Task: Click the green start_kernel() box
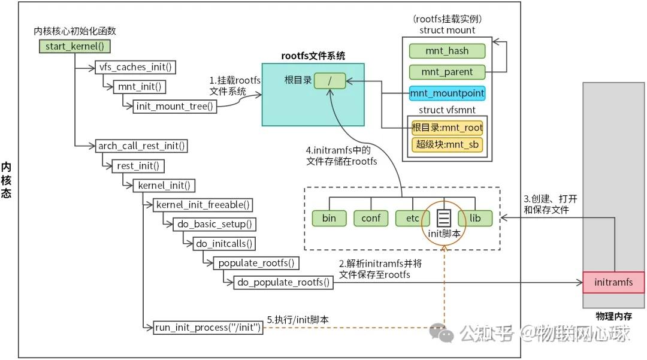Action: tap(75, 46)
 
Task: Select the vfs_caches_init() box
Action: tap(135, 67)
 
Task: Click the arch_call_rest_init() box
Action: tap(141, 146)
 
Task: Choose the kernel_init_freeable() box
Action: tap(202, 205)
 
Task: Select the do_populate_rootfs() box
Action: tap(283, 282)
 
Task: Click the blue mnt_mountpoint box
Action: tap(447, 93)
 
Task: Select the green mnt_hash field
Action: tap(447, 51)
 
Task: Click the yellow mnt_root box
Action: tap(447, 127)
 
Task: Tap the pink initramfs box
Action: tap(613, 282)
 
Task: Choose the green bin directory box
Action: tap(329, 218)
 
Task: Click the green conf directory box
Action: tap(371, 218)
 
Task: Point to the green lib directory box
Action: tap(475, 218)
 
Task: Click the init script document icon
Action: tap(443, 216)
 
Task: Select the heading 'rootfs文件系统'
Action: tap(313, 56)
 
